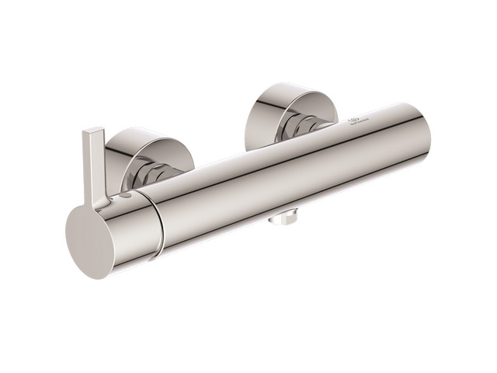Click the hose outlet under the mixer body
click(x=282, y=218)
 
